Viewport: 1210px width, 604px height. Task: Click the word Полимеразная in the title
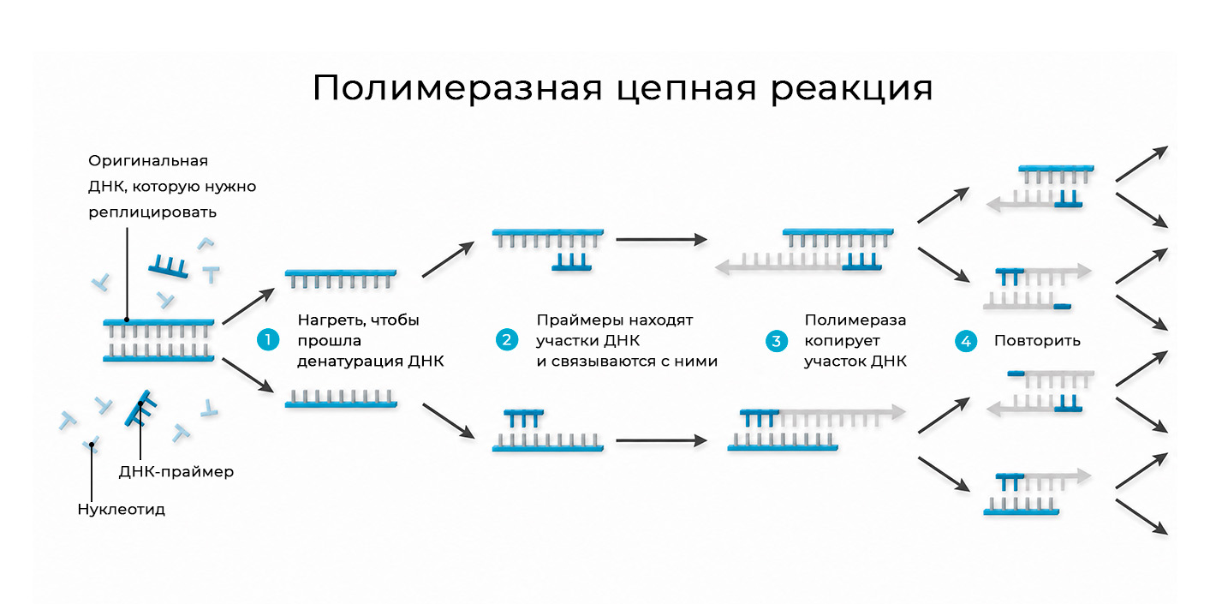(457, 87)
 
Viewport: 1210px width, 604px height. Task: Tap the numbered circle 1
(268, 340)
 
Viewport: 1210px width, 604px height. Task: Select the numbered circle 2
(507, 340)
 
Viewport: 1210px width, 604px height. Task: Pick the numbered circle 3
(776, 341)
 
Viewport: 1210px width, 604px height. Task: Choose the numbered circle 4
(966, 341)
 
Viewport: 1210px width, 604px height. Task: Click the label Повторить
(1037, 341)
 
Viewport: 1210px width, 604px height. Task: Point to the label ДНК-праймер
(176, 472)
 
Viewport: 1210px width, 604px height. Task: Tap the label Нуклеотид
(121, 510)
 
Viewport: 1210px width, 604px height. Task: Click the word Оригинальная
(148, 161)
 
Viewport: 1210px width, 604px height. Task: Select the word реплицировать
(152, 212)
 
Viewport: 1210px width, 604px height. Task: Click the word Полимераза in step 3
(855, 320)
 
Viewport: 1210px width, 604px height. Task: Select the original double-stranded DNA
(158, 340)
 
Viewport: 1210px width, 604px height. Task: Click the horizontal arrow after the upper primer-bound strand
(662, 239)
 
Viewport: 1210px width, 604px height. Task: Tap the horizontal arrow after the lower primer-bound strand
(662, 441)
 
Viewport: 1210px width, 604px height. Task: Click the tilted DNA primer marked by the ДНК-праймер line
(140, 408)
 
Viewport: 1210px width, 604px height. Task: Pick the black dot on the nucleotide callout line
(92, 446)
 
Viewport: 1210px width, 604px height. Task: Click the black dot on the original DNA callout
(127, 320)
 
